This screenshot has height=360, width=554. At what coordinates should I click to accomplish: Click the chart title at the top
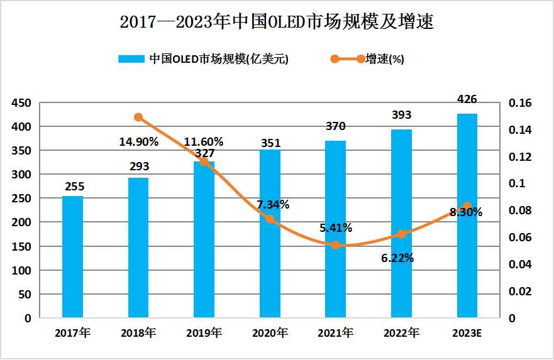click(277, 23)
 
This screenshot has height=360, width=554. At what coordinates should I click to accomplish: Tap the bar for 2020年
click(270, 234)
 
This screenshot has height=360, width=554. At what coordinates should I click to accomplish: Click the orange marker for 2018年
click(138, 117)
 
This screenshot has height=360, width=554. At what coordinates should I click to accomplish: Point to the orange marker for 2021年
click(336, 244)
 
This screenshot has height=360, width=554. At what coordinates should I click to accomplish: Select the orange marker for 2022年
click(402, 234)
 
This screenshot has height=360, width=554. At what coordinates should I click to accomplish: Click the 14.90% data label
click(138, 141)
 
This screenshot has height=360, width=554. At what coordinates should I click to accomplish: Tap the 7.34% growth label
click(272, 204)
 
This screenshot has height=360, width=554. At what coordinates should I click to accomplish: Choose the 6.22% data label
click(397, 258)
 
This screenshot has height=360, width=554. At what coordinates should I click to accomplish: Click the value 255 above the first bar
click(74, 186)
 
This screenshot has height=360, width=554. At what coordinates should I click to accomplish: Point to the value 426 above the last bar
click(467, 99)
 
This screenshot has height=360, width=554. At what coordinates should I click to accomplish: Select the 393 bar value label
click(401, 115)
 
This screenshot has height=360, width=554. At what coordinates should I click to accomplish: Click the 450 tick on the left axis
click(23, 103)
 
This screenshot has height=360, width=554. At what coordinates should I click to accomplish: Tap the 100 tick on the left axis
click(23, 270)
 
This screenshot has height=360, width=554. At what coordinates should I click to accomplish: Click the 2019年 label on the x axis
click(204, 333)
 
